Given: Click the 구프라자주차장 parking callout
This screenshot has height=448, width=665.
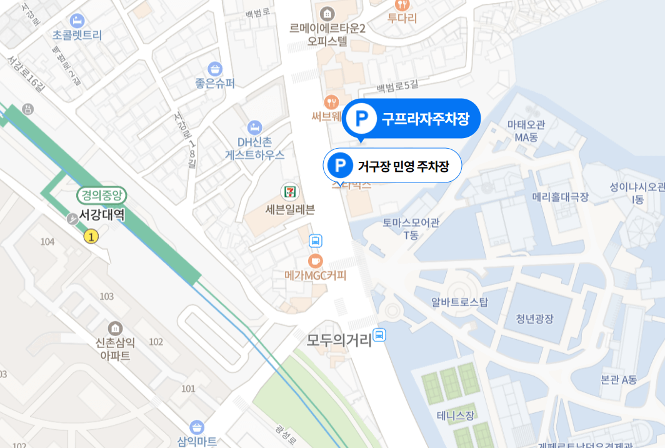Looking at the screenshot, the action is [x=411, y=117].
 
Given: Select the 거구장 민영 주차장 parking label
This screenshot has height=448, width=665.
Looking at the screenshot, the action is [x=392, y=166].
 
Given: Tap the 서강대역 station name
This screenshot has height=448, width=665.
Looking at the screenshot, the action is [x=102, y=216].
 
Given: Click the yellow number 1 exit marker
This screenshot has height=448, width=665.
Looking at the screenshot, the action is [x=92, y=236].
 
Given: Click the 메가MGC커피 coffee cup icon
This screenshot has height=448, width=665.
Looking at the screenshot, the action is [x=316, y=259].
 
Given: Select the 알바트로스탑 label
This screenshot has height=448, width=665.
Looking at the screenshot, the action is [x=459, y=302].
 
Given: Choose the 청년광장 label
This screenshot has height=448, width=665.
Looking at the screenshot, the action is [x=534, y=319].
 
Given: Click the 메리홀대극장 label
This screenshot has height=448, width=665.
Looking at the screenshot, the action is [x=560, y=197].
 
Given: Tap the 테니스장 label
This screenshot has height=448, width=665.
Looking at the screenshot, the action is [x=456, y=415].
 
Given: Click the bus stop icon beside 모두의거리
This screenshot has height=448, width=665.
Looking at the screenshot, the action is [x=379, y=336].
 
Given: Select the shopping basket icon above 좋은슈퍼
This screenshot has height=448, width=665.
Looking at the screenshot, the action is [x=215, y=68].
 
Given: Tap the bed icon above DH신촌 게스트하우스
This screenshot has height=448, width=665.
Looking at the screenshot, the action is [x=254, y=127].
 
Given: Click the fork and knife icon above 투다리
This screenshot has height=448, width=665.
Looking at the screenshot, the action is [x=402, y=4].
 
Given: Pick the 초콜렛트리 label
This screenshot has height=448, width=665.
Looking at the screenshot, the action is [x=77, y=36].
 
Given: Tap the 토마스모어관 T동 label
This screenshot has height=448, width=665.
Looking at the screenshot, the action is [x=411, y=228].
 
